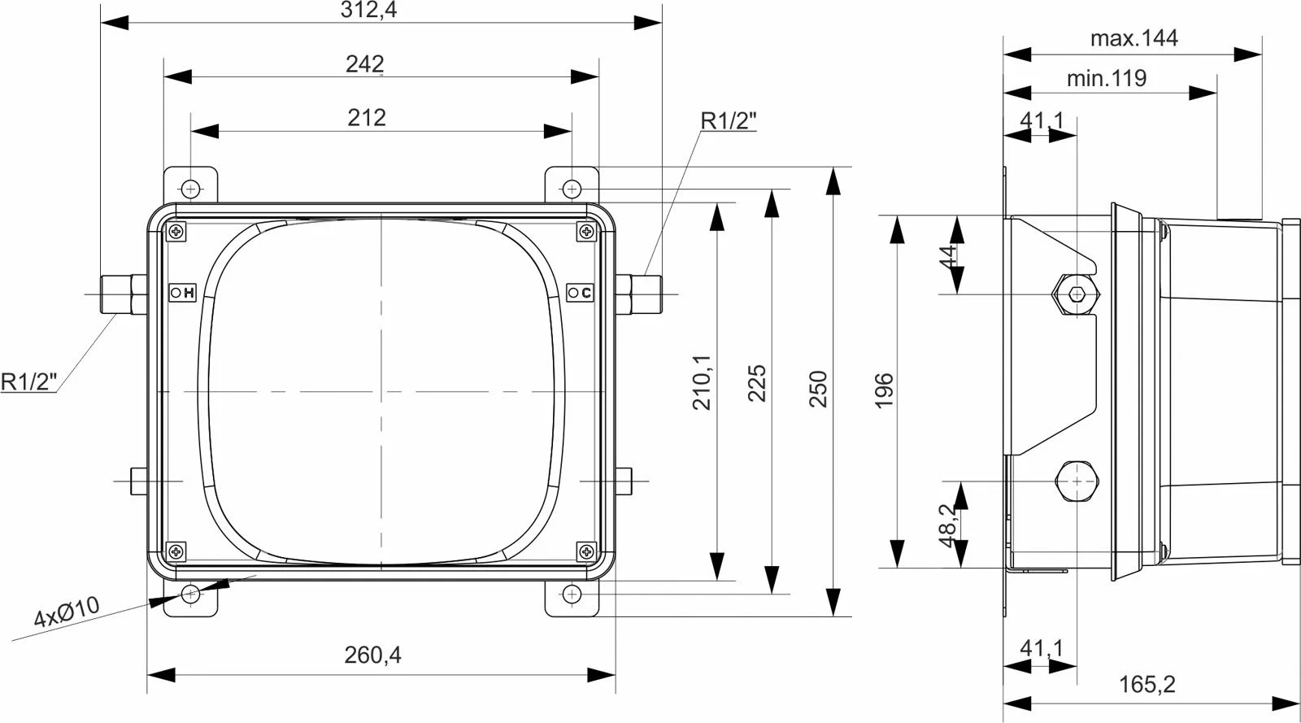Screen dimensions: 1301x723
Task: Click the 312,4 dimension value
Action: [x=368, y=10]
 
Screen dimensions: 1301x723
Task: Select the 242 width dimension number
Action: [x=365, y=64]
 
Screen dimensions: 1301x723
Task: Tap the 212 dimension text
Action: [x=367, y=118]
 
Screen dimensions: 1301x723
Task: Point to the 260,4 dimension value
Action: [x=372, y=655]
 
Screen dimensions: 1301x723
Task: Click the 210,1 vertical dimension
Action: [x=702, y=383]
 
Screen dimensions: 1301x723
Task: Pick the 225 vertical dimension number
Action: [x=756, y=383]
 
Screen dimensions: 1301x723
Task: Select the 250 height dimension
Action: [x=818, y=389]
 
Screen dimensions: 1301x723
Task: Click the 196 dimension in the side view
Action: [x=883, y=391]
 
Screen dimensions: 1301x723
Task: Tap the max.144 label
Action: [x=1133, y=38]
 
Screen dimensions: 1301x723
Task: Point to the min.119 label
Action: [x=1107, y=78]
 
